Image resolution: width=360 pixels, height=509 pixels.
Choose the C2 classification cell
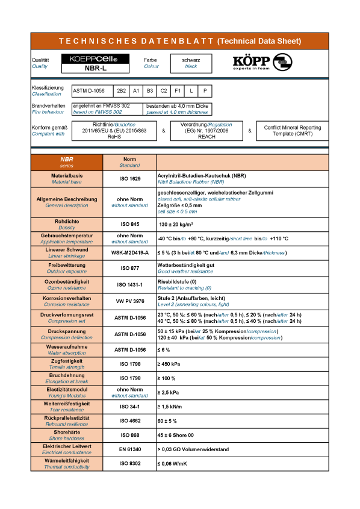click(x=164, y=91)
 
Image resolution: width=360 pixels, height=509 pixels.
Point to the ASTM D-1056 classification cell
click(x=88, y=91)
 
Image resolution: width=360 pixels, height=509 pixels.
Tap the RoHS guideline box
click(x=114, y=130)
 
